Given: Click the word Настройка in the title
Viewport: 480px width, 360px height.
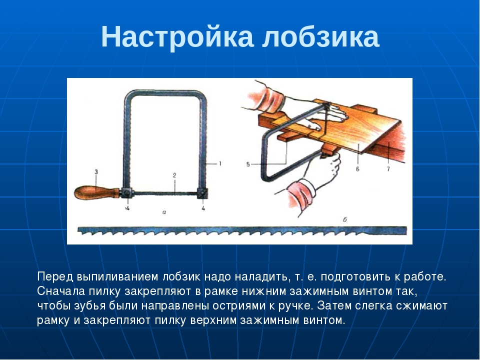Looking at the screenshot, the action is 177,36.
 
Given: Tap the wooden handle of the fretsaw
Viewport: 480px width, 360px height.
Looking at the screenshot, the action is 97,192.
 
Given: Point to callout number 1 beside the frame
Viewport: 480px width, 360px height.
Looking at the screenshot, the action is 219,164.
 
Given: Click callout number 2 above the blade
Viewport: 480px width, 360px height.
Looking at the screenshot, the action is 174,175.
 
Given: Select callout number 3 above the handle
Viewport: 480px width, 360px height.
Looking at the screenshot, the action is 96,172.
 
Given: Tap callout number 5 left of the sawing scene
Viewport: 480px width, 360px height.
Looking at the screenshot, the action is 248,164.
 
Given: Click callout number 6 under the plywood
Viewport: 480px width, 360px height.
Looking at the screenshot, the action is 357,168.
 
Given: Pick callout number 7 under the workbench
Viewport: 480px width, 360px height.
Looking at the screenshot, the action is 388,168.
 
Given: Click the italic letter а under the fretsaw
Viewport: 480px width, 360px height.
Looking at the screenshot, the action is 164,212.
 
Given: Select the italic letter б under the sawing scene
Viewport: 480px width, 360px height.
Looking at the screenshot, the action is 344,219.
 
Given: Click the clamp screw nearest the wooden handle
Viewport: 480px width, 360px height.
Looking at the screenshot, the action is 126,193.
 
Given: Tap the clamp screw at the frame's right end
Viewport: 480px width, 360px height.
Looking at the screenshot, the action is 202,193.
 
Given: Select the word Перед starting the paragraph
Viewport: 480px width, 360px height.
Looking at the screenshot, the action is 55,276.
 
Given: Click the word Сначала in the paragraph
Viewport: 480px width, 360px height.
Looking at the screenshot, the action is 61,291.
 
